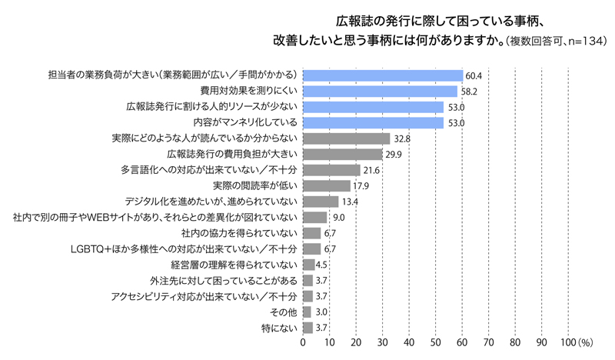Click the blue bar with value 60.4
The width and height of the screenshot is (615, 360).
click(383, 75)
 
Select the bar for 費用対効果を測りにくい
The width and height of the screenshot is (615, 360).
click(380, 91)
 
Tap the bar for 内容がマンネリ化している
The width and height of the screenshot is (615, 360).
click(373, 122)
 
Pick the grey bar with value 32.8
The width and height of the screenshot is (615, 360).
click(347, 138)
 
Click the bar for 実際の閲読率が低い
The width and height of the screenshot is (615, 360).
click(327, 185)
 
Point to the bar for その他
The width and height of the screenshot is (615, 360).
click(307, 312)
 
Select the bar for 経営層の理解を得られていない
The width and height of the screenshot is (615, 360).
click(309, 265)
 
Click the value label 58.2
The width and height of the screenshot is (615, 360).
click(470, 92)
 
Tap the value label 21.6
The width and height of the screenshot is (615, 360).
click(372, 170)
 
